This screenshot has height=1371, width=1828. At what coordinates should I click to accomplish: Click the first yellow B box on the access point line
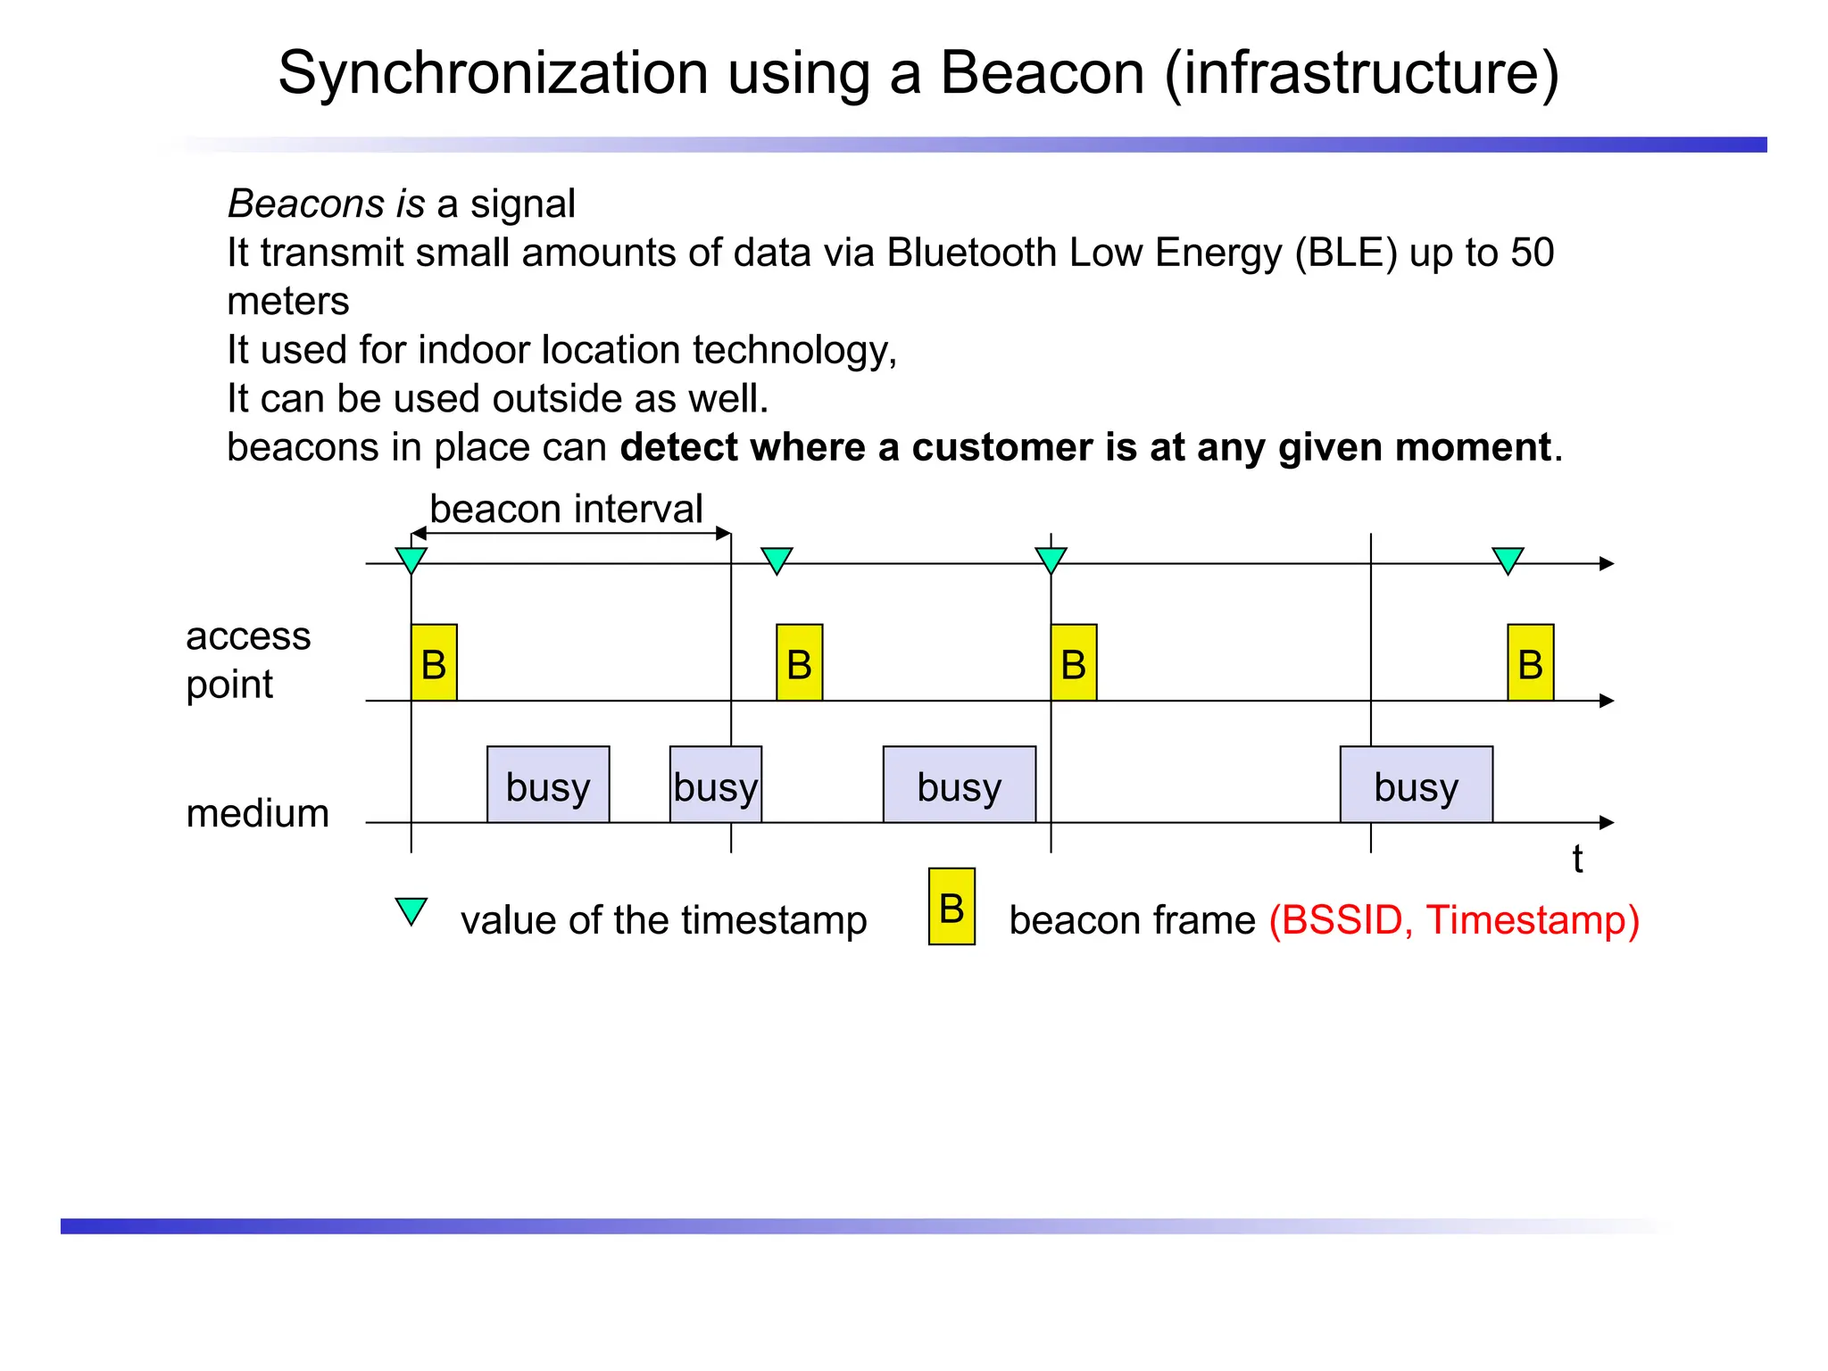click(434, 662)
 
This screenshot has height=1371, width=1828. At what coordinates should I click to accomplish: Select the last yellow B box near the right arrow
click(1530, 662)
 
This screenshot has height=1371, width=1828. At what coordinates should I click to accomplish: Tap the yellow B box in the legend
click(951, 906)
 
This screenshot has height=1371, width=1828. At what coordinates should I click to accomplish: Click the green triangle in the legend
click(411, 910)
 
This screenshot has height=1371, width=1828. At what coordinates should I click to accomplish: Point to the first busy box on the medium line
click(548, 785)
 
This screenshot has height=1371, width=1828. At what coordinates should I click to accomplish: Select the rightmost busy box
click(1416, 785)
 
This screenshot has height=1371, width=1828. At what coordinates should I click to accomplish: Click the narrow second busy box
click(716, 785)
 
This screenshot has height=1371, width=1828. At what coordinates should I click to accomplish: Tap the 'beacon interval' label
click(566, 509)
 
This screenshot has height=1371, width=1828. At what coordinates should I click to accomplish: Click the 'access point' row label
click(247, 661)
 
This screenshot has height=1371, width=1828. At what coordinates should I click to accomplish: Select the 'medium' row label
click(257, 813)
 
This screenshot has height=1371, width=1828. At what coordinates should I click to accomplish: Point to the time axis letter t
click(1577, 860)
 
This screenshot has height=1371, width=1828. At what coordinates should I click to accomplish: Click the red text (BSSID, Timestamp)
click(1454, 920)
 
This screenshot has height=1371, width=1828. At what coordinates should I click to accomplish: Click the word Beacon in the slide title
click(1042, 72)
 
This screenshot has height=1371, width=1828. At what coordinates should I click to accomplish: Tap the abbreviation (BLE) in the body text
click(1345, 253)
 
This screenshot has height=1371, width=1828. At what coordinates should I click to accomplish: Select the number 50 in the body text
click(1532, 253)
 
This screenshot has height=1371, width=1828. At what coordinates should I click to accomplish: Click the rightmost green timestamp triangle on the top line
click(1508, 560)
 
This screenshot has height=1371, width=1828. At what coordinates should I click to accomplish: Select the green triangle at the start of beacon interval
click(411, 560)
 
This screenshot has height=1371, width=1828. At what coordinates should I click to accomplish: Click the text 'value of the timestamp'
click(663, 920)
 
